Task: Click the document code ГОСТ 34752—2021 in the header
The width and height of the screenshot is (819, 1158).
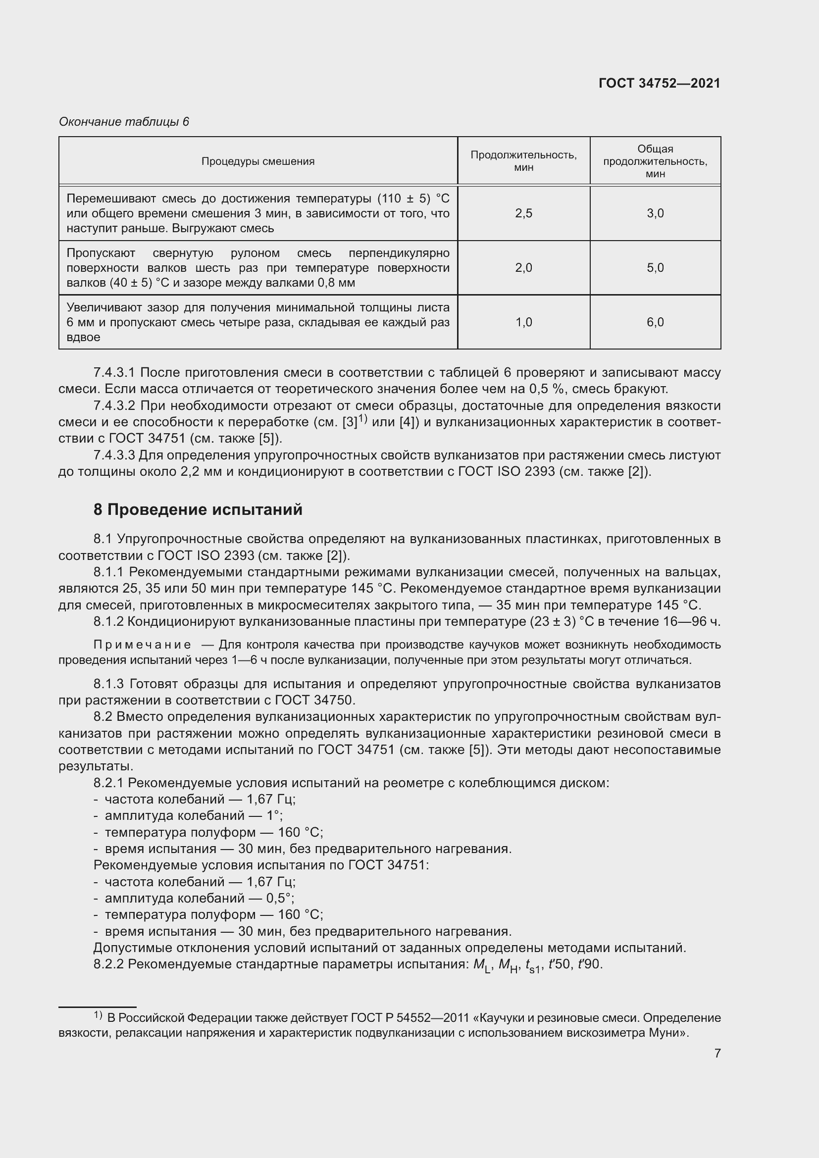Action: [659, 83]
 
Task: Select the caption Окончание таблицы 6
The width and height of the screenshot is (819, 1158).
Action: [124, 122]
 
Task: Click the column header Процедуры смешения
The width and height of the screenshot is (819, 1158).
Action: [257, 161]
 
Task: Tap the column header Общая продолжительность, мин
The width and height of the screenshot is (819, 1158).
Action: [655, 161]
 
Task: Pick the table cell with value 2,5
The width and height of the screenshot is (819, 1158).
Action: [523, 213]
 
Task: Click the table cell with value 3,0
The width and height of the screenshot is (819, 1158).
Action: [655, 213]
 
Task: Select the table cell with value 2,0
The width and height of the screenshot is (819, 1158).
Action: [523, 268]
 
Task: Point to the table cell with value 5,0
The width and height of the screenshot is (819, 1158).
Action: [655, 268]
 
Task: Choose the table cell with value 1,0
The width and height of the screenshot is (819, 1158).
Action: [523, 322]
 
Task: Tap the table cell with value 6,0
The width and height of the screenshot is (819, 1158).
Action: [655, 322]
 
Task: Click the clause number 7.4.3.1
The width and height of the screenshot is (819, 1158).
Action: [114, 373]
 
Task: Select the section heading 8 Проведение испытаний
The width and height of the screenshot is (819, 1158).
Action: [198, 509]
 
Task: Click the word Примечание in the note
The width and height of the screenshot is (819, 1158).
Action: [142, 645]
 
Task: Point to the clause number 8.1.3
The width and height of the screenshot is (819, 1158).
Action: [108, 684]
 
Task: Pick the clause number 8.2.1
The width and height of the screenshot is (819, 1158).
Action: [108, 783]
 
